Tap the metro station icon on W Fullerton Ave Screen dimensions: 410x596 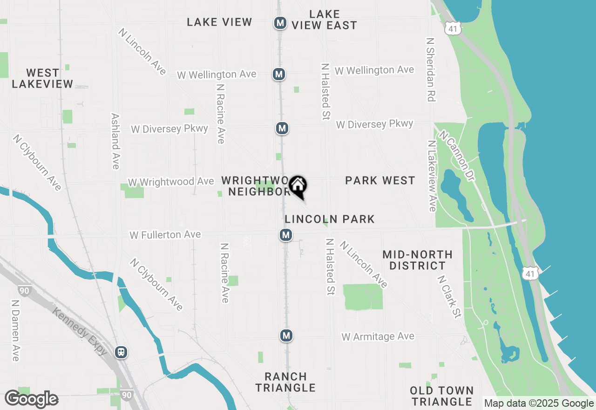[286, 235]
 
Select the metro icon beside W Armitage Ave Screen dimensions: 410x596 [286, 335]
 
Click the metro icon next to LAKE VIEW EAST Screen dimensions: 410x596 [280, 23]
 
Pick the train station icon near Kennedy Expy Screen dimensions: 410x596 [121, 352]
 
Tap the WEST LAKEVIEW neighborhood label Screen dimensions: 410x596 [42, 79]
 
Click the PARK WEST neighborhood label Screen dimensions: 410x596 [380, 181]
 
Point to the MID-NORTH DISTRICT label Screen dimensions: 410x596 [417, 260]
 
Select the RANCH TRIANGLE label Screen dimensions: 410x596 [285, 382]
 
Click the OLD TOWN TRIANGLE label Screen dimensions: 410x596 [442, 396]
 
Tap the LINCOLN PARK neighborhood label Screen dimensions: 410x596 [330, 219]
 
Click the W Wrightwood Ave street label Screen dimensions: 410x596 [171, 182]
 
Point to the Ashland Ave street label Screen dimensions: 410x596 [115, 141]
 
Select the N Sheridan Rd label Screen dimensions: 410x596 [430, 69]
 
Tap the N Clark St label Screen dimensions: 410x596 [449, 297]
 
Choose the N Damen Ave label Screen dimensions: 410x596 [15, 330]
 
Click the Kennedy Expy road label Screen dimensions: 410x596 [80, 332]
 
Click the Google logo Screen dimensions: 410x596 [31, 399]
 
